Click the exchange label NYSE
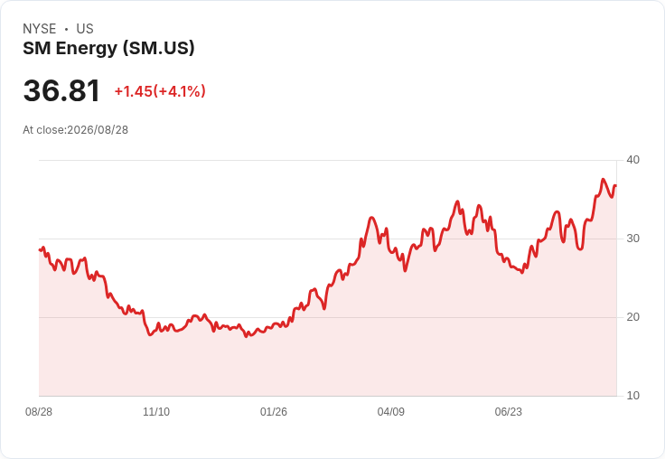(40, 29)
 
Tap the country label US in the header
(85, 29)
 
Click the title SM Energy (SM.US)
(108, 49)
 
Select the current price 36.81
(61, 90)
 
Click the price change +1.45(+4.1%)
(160, 91)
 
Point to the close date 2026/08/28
(98, 130)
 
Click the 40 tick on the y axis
(632, 160)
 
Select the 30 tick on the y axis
(632, 239)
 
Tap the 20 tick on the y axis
(632, 317)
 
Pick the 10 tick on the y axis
(632, 396)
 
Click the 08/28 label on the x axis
(39, 412)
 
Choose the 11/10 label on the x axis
(156, 412)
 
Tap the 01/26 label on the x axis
(274, 412)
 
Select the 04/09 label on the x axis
(391, 412)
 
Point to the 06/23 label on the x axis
(509, 412)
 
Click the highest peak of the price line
(603, 180)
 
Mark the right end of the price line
(616, 185)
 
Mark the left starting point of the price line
(40, 249)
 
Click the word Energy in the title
(87, 49)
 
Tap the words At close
(43, 130)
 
